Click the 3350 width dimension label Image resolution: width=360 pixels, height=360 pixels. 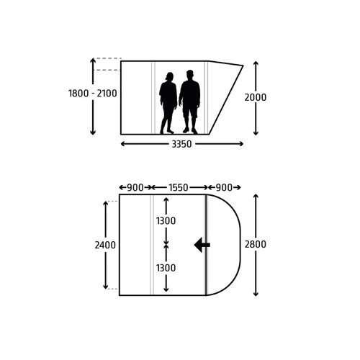[181, 144]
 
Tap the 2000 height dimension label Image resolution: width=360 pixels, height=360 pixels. [256, 97]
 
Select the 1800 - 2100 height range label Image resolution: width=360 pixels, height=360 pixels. [93, 94]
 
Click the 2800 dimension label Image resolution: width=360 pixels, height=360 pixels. [256, 244]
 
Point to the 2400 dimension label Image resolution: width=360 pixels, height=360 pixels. [105, 245]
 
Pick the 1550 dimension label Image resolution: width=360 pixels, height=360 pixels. [179, 187]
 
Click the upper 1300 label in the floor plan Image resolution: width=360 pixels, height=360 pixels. [166, 220]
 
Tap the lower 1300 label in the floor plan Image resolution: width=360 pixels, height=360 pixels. [166, 268]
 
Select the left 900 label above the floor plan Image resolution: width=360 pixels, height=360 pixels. [135, 187]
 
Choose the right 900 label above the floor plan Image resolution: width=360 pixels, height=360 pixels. [224, 187]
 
